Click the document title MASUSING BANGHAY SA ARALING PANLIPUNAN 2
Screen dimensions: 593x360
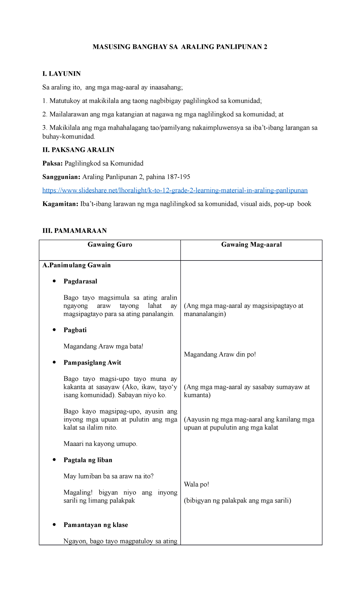[180, 47]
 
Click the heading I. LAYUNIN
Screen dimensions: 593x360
[61, 74]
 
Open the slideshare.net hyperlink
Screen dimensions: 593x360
[175, 190]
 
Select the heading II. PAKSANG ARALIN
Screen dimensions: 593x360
[78, 150]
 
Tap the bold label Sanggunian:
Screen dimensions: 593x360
[61, 177]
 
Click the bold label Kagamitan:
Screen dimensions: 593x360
[60, 204]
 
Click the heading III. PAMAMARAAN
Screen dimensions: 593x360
[74, 230]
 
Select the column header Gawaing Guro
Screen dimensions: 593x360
[110, 245]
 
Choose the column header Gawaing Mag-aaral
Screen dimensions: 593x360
[251, 245]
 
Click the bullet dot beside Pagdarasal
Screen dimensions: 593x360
[54, 281]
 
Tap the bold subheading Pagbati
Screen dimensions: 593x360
[75, 330]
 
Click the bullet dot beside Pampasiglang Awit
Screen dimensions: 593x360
[54, 362]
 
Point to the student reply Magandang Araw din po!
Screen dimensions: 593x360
[220, 354]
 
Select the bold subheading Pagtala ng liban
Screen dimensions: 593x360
[88, 460]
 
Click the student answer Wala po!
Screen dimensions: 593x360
[196, 484]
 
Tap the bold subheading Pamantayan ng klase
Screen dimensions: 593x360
[96, 525]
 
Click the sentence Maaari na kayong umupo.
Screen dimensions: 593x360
[100, 444]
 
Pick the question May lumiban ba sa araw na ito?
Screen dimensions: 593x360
[108, 476]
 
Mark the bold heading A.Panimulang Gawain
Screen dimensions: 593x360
[76, 265]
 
